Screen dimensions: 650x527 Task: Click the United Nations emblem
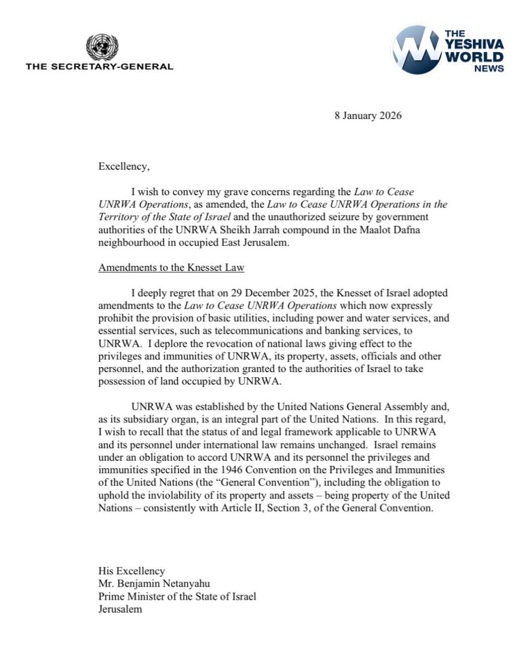(102, 47)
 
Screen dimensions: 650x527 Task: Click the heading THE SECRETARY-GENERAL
(100, 67)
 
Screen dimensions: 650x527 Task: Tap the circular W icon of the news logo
(416, 49)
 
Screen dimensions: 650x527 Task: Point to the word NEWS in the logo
(489, 69)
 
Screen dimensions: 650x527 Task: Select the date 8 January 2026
(368, 116)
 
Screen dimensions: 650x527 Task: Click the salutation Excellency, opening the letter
(124, 166)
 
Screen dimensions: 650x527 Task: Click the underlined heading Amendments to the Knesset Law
(171, 267)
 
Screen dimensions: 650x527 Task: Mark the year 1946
(231, 470)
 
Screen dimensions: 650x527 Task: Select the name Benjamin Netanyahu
(163, 583)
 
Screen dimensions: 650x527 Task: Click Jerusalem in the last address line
(120, 609)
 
